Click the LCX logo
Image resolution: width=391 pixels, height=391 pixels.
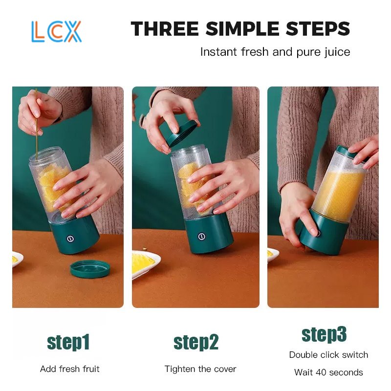(x=56, y=31)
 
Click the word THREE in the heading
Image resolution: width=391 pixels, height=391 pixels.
(x=165, y=29)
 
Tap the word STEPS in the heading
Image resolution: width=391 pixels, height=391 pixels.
(x=318, y=29)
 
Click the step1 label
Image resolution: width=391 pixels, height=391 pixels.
(x=68, y=343)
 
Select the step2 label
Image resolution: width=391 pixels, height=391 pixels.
(x=196, y=343)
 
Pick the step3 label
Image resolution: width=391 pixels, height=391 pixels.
(x=324, y=335)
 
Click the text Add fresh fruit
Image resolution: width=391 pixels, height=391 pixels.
(x=70, y=369)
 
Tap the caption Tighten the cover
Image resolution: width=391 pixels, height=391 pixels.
(x=200, y=369)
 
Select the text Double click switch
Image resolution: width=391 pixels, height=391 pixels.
(x=328, y=355)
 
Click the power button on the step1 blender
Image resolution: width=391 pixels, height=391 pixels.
(x=70, y=239)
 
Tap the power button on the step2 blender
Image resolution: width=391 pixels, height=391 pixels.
(x=201, y=237)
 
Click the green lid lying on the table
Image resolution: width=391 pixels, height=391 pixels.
(x=90, y=269)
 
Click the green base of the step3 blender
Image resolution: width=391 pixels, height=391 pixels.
(x=322, y=233)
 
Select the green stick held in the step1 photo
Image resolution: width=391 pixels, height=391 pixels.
(x=36, y=124)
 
